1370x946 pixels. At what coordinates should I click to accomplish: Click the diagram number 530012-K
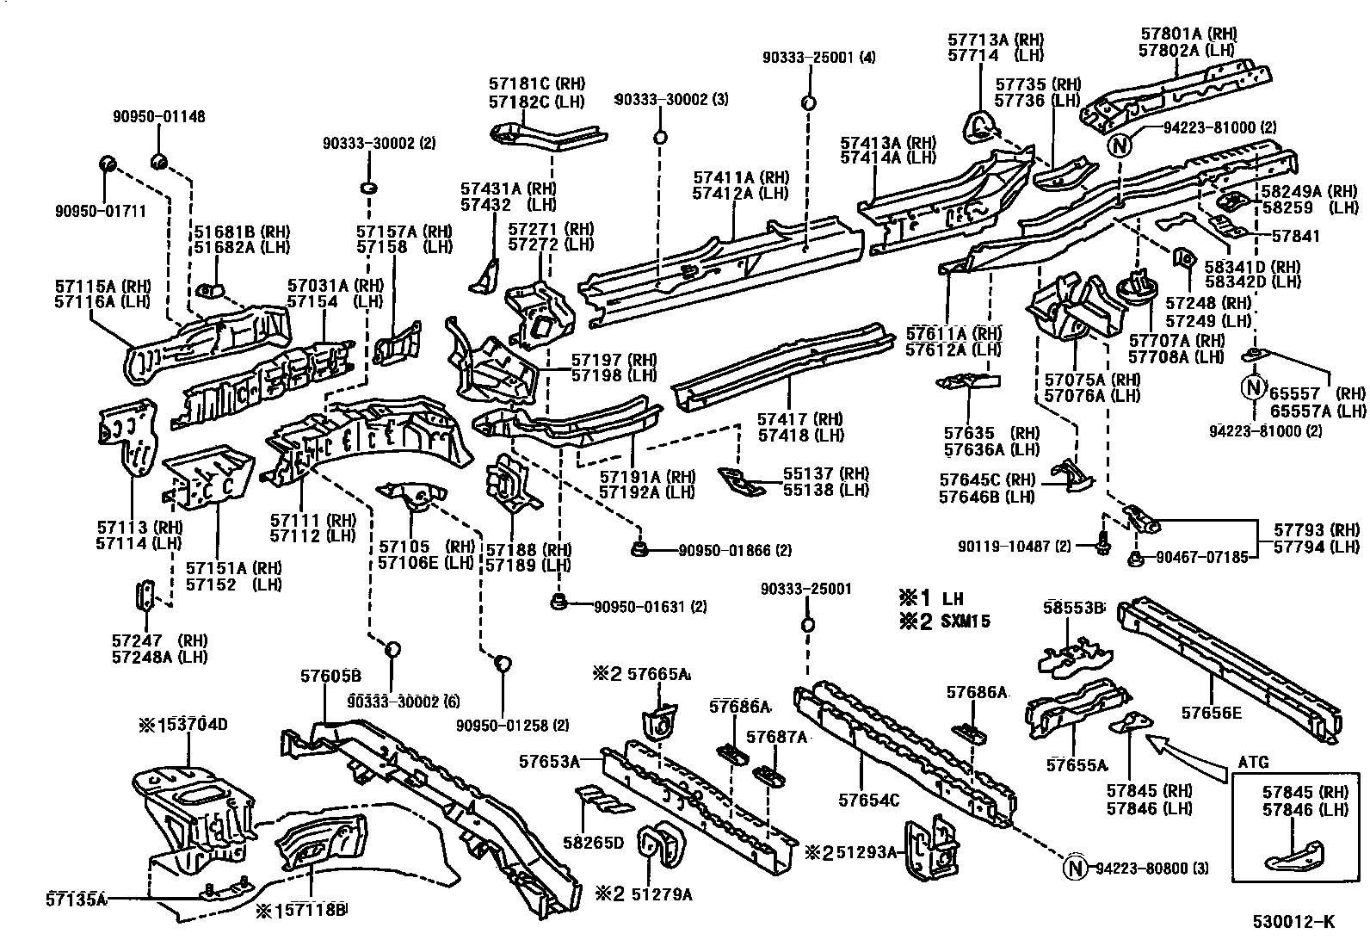click(x=1299, y=922)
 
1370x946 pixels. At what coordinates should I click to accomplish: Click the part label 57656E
click(x=1212, y=712)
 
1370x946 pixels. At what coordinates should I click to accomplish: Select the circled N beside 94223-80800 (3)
click(x=1075, y=869)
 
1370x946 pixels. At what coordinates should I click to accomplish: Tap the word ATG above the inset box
click(x=1253, y=763)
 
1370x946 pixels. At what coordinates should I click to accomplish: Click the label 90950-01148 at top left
click(x=159, y=117)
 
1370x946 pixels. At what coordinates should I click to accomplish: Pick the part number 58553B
click(x=1073, y=607)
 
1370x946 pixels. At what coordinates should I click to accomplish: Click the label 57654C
click(x=869, y=801)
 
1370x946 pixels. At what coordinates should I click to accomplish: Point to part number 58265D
click(x=593, y=842)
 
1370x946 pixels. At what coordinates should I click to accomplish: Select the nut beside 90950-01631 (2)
click(x=558, y=600)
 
